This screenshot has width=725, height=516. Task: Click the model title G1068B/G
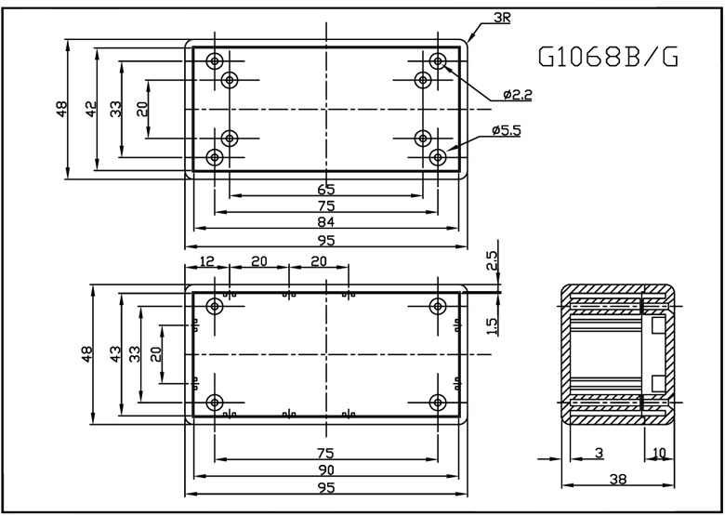coord(609,57)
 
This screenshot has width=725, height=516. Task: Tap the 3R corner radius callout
coord(502,18)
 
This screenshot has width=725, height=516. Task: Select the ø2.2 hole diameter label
coord(518,95)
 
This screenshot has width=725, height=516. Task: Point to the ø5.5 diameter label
coord(507,130)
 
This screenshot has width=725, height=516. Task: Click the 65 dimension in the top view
coord(326,190)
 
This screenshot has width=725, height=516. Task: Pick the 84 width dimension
coord(326,222)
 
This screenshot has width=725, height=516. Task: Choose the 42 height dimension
coord(91,109)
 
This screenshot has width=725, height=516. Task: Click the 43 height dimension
coord(115,354)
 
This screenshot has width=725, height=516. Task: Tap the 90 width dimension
coord(326,470)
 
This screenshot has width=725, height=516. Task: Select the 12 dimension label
coord(206,261)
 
